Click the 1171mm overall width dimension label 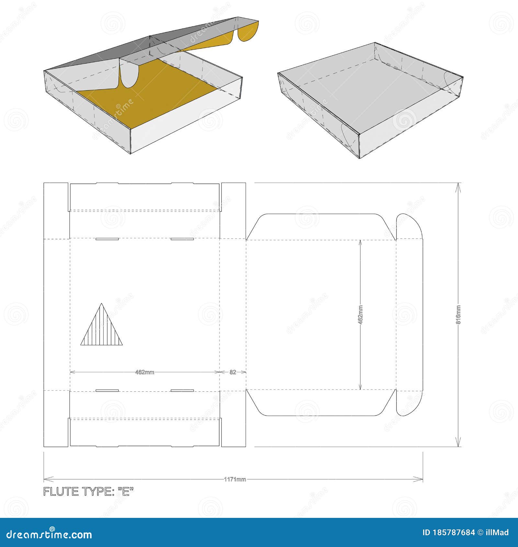click(235, 479)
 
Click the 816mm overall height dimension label click(458, 315)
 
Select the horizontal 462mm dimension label click(144, 372)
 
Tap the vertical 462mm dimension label click(361, 314)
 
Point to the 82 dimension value click(233, 372)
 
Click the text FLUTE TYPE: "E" click(88, 491)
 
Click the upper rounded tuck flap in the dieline click(410, 227)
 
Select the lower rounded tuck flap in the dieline click(410, 403)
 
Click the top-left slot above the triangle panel click(107, 239)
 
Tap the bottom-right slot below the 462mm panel click(182, 391)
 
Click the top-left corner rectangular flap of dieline click(56, 210)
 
